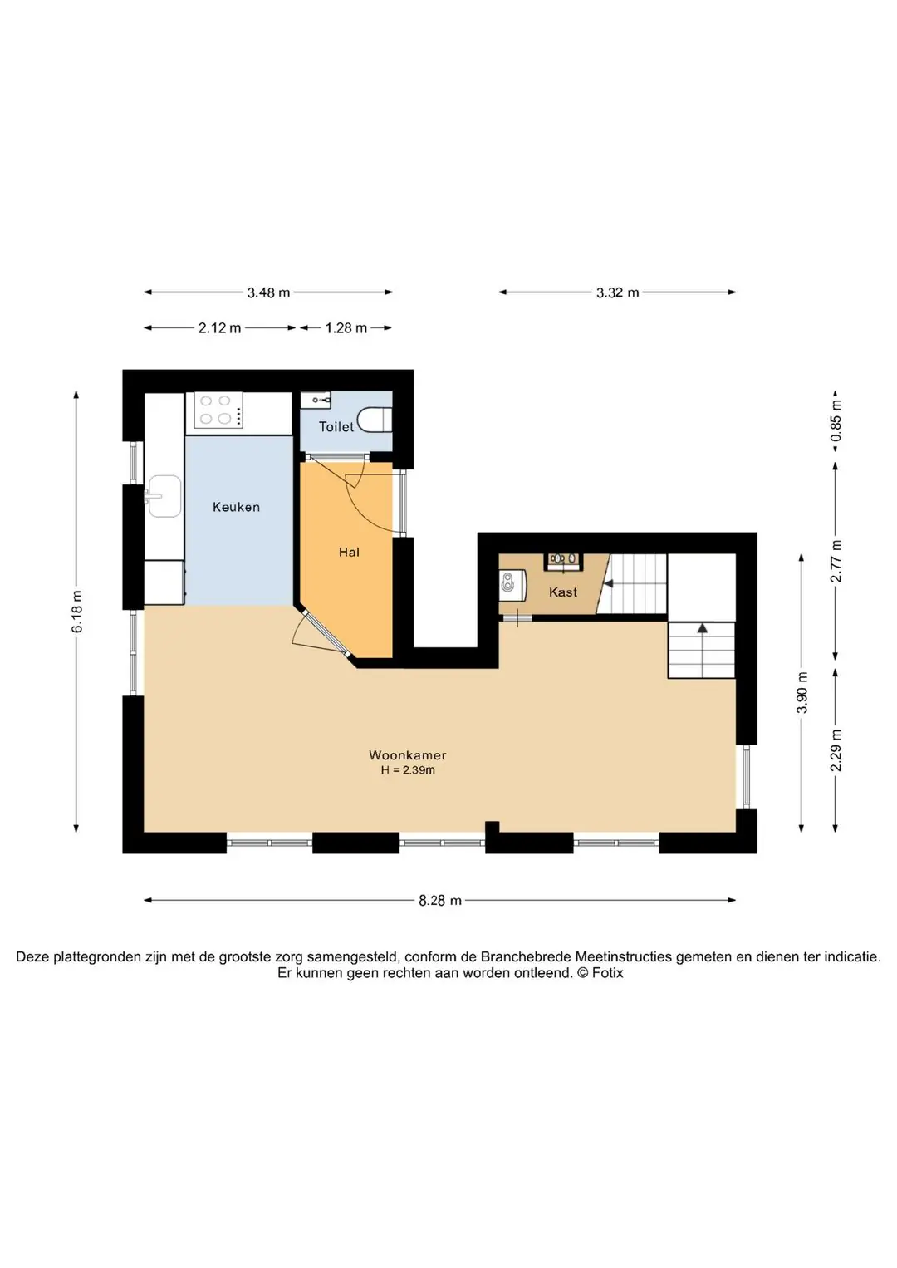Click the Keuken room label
coord(236,507)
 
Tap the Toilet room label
coord(336,427)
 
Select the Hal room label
coord(349,552)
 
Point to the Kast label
coord(563,592)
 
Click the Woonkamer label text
coord(408,754)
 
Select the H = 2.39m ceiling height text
coord(408,769)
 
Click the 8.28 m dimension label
coord(440,900)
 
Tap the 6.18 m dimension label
coord(76,612)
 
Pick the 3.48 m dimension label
coord(268,292)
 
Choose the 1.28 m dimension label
coord(346,327)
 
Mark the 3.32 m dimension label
coord(617,292)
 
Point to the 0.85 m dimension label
coord(836,420)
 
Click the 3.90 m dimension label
coord(802,693)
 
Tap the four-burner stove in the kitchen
coord(218,410)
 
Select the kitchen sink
coord(164,496)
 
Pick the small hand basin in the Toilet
coord(316,401)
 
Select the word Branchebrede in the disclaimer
coord(526,956)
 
